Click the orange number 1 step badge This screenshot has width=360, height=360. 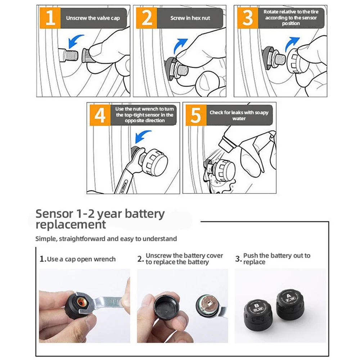(x=51, y=18)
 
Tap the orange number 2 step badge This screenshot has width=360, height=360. (x=147, y=18)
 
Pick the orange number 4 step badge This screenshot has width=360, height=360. (x=100, y=115)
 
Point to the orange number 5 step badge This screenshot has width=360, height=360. (x=195, y=115)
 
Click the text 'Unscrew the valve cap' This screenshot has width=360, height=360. (x=93, y=18)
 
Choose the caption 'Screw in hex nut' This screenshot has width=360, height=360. (x=190, y=18)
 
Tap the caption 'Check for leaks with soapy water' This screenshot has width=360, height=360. (x=239, y=115)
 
